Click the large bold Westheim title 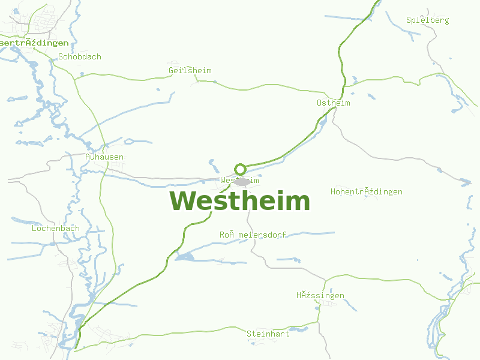(240, 201)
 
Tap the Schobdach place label (80, 57)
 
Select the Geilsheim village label (190, 71)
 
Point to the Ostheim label (334, 103)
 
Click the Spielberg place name (428, 20)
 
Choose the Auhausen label (104, 157)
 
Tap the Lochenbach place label (56, 229)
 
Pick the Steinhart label (268, 334)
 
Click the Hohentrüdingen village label (367, 192)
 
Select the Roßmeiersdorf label (253, 235)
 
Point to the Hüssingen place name (320, 296)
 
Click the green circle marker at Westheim (240, 169)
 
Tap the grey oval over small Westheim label (242, 181)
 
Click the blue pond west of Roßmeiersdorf (185, 257)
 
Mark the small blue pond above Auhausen (128, 142)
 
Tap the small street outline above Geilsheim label (175, 62)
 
